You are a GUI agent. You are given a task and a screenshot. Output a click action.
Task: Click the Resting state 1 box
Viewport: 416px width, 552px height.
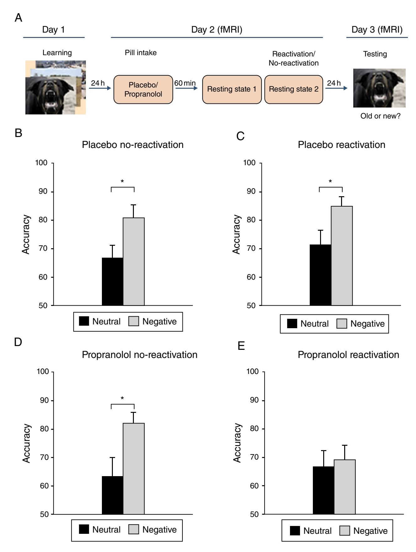click(232, 89)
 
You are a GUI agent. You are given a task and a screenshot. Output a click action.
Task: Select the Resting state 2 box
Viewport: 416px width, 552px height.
click(293, 89)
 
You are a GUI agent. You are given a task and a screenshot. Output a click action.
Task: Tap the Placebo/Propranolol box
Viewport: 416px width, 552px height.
click(143, 89)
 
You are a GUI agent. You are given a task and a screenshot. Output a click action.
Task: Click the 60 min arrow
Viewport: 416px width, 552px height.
click(186, 88)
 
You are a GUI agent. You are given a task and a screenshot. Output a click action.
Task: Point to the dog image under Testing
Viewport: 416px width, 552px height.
click(379, 88)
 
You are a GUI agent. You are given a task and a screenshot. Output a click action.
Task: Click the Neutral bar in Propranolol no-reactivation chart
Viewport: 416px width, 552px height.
click(113, 495)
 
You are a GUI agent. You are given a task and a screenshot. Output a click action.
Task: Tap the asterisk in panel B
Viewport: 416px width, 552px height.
click(122, 181)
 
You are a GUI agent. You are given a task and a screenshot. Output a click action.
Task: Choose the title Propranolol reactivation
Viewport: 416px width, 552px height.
click(348, 355)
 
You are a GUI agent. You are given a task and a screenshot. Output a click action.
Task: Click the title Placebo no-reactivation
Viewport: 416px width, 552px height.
click(133, 145)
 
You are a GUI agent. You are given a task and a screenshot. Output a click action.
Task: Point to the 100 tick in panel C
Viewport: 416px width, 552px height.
click(250, 163)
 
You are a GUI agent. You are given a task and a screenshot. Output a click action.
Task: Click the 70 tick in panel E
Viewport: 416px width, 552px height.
click(253, 457)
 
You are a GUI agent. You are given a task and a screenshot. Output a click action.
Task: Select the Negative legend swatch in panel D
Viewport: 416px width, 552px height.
click(134, 529)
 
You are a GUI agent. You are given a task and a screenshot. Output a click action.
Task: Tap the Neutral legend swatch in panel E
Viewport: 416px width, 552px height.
click(295, 531)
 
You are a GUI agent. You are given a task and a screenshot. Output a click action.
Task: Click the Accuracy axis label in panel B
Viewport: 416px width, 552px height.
click(26, 234)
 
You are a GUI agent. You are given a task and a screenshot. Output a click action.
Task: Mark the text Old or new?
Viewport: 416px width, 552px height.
click(380, 116)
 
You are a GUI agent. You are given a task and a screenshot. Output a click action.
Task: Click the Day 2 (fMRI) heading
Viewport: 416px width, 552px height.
click(217, 30)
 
